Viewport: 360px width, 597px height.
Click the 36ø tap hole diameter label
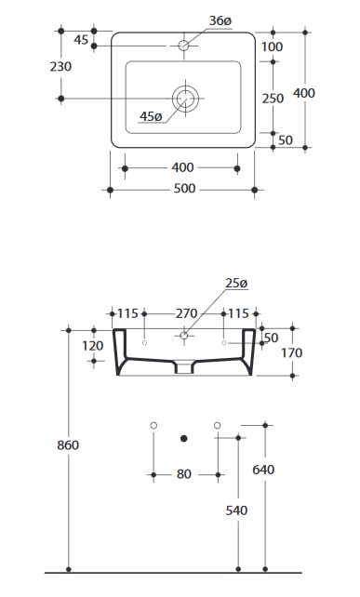(220, 21)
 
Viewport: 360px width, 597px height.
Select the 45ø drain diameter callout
(151, 116)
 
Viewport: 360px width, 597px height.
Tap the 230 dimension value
(60, 67)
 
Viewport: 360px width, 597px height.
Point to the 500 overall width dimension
(184, 189)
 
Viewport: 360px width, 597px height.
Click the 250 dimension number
(273, 99)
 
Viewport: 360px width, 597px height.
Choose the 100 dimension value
(272, 46)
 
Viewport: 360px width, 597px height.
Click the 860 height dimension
(68, 445)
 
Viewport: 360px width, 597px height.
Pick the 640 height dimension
(263, 470)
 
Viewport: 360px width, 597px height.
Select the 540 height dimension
(236, 511)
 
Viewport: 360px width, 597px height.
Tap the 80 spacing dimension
(184, 474)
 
